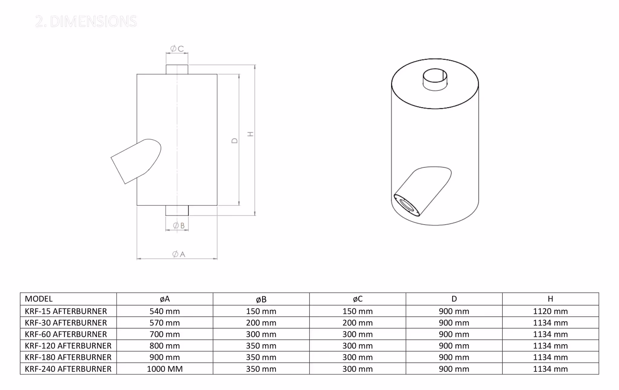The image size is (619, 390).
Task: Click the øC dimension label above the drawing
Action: tap(177, 49)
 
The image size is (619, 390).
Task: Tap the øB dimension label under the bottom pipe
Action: tap(179, 225)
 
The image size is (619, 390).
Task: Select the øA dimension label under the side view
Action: tap(179, 254)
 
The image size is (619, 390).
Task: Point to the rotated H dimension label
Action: tap(250, 134)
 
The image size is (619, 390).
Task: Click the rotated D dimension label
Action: tap(235, 141)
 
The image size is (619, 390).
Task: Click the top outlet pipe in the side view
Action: tap(177, 69)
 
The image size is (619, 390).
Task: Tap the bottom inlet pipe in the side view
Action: tap(177, 210)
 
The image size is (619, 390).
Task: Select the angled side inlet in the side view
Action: tap(133, 161)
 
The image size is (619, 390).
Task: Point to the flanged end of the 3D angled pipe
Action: tap(407, 206)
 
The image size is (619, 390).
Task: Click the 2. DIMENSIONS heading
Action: tap(86, 21)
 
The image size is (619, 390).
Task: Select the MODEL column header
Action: tap(39, 299)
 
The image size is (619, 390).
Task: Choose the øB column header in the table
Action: tap(261, 299)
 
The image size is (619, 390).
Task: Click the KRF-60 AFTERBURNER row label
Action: tap(66, 334)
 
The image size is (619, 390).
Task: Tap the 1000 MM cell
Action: tap(165, 369)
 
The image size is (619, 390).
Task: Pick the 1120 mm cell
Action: tap(550, 311)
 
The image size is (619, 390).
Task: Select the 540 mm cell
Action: tap(165, 311)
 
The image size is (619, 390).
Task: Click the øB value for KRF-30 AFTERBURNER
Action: tap(261, 323)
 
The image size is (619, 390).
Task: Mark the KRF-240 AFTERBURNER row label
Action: tap(68, 369)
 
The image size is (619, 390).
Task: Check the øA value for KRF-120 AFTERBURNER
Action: tap(165, 346)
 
